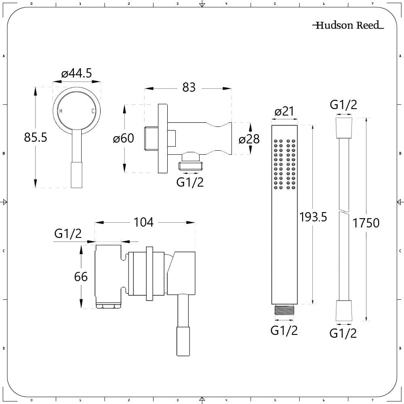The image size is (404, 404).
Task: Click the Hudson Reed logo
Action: click(348, 25)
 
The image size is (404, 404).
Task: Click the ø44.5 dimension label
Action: click(76, 74)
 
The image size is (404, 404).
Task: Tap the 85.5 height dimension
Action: click(36, 137)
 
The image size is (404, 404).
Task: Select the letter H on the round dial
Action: click(61, 111)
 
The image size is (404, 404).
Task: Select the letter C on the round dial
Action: click(93, 111)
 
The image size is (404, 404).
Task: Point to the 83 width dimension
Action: click(189, 88)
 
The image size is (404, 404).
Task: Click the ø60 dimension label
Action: click(123, 138)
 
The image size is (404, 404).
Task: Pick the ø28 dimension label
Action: click(249, 139)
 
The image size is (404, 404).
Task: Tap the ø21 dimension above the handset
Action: click(284, 112)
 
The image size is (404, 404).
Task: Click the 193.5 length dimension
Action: click(313, 217)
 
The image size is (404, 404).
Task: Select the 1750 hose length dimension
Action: click(366, 223)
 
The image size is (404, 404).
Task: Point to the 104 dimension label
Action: click(143, 222)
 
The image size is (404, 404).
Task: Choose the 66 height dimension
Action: click(81, 277)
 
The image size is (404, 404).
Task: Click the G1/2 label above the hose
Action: click(343, 105)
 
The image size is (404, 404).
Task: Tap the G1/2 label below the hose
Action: click(343, 333)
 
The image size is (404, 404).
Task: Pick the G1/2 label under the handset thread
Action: click(284, 330)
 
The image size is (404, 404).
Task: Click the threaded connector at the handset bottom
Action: click(284, 310)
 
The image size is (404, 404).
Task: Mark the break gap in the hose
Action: click(344, 210)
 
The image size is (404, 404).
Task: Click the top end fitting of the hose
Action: click(344, 128)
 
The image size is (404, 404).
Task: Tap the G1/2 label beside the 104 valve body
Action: click(68, 234)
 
